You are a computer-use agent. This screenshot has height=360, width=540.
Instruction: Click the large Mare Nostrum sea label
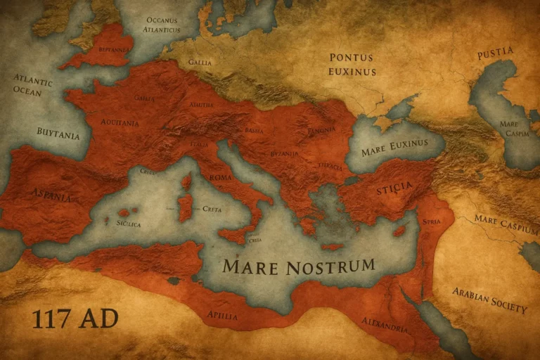pyautogui.click(x=298, y=266)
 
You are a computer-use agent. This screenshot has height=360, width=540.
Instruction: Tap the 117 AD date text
pyautogui.click(x=75, y=319)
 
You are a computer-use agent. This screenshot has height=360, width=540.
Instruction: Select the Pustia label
pyautogui.click(x=495, y=54)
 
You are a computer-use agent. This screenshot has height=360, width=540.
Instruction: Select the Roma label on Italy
pyautogui.click(x=220, y=177)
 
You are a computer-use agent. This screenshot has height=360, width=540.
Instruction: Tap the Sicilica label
pyautogui.click(x=128, y=224)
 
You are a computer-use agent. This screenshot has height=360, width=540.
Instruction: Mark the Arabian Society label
pyautogui.click(x=490, y=300)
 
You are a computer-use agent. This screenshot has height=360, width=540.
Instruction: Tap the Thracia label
pyautogui.click(x=330, y=167)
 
